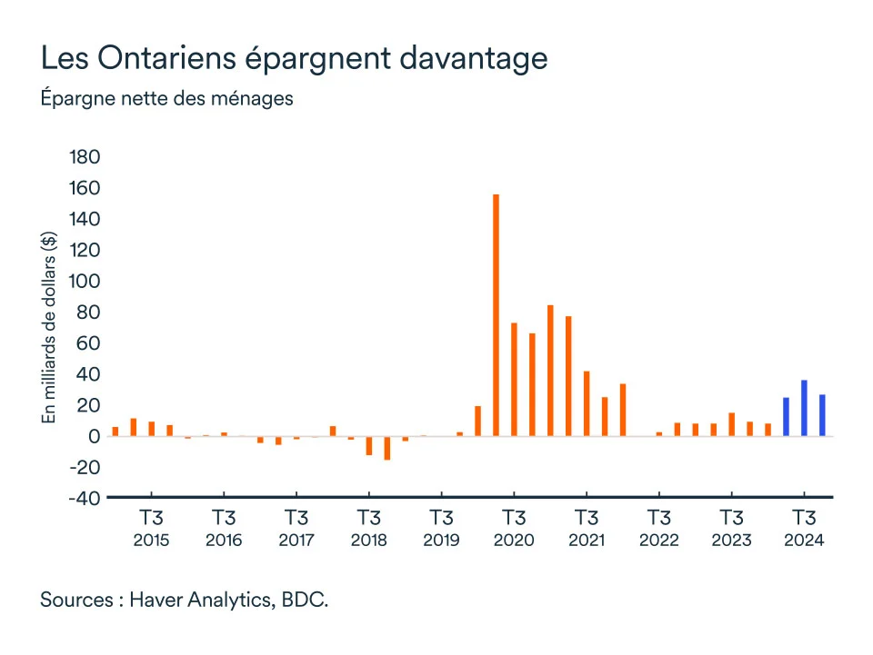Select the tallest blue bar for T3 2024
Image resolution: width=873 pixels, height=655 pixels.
804,408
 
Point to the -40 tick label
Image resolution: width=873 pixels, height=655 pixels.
81,499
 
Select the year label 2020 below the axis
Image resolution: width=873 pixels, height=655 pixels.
514,541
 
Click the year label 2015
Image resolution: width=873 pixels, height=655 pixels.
151,541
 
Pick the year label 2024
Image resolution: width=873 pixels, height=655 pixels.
804,541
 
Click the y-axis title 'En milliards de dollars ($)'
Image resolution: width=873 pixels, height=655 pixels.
49,328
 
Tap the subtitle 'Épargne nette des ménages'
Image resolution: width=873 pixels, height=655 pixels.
166,98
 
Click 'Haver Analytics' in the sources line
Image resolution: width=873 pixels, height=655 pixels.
203,600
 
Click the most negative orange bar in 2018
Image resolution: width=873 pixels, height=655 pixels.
386,448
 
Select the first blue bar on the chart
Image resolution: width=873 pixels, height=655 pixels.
786,417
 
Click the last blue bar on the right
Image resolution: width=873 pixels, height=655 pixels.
822,415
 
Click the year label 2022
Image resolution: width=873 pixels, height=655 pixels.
658,541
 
